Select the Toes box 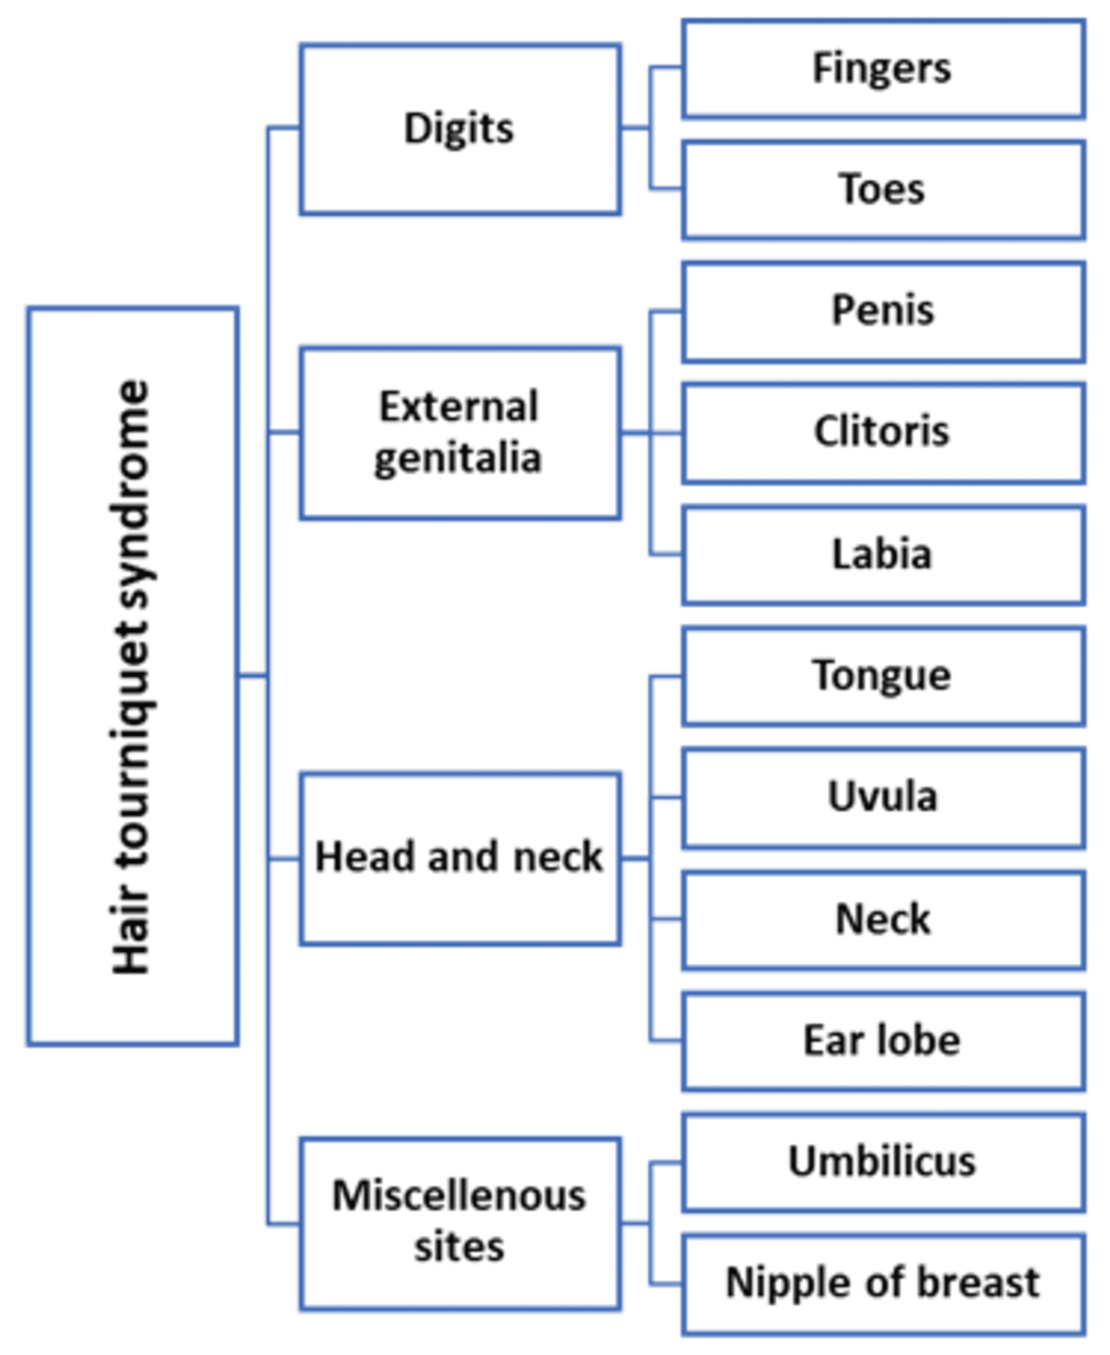[x=882, y=190]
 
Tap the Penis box [x=882, y=311]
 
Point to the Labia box [x=882, y=554]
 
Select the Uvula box [x=882, y=797]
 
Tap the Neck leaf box [x=882, y=919]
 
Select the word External [x=459, y=407]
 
